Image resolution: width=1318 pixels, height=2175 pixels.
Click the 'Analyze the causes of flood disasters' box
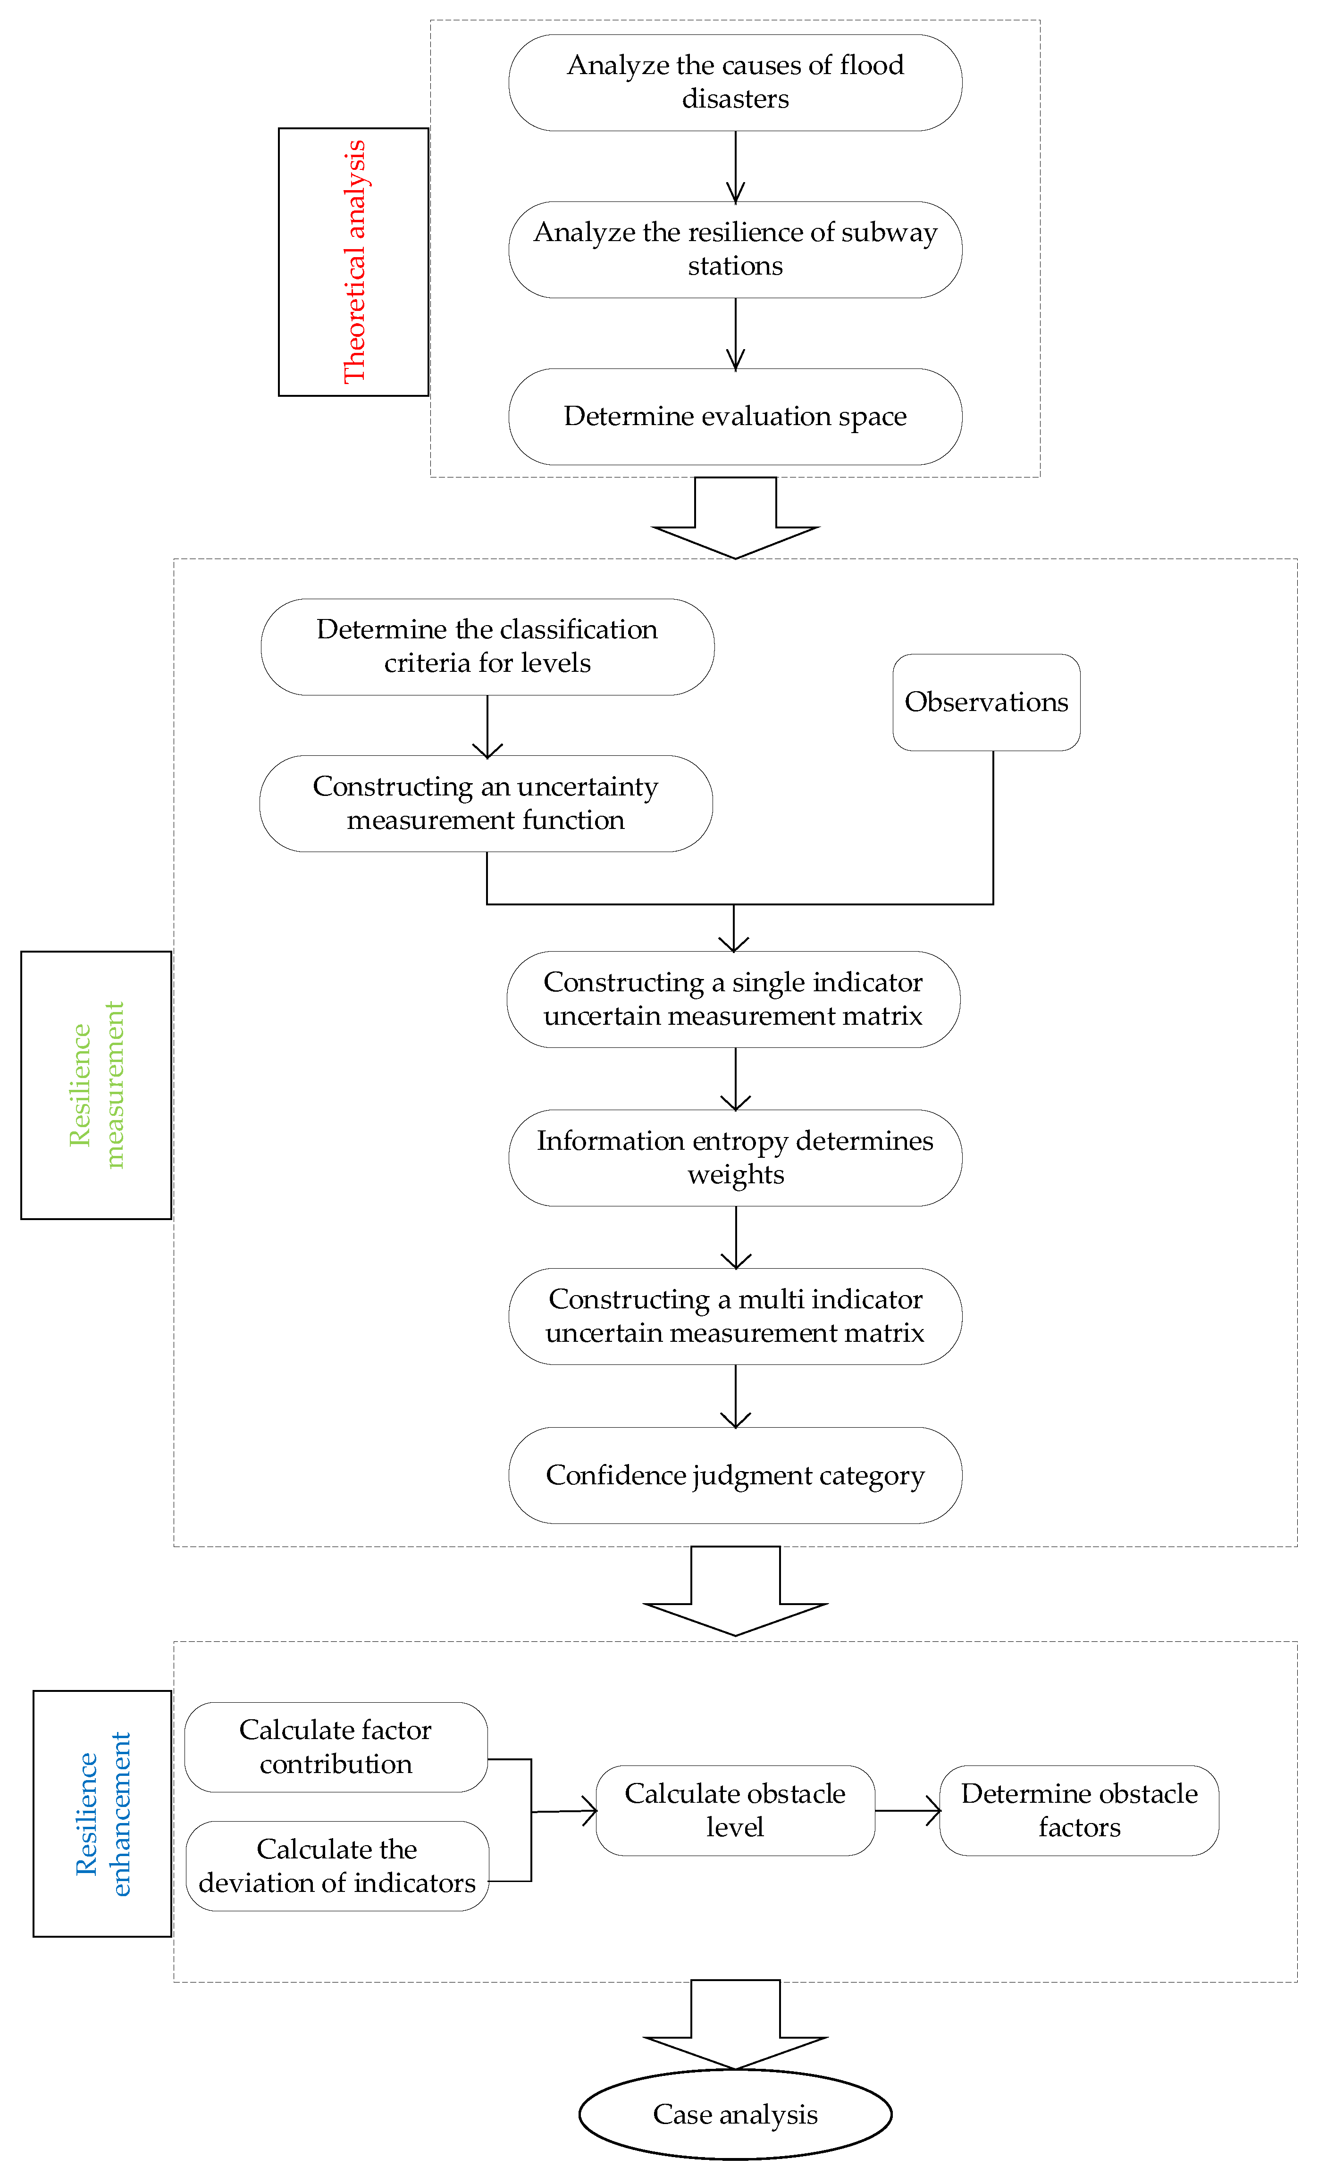(734, 83)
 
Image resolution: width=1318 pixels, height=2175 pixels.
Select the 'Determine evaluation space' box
(734, 417)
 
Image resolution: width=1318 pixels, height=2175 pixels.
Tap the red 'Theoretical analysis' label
(353, 262)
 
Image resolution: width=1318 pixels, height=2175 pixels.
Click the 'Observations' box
(986, 703)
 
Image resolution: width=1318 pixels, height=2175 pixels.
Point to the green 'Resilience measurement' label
(96, 1085)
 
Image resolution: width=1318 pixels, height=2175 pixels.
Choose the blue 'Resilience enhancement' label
(102, 1815)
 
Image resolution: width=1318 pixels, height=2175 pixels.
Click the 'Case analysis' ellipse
(734, 2115)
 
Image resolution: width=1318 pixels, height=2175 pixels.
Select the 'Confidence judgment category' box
(734, 1476)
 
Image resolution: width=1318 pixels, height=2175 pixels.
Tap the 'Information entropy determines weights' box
(734, 1158)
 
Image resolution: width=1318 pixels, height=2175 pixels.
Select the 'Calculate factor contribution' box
(336, 1747)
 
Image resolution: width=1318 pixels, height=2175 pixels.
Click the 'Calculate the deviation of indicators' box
(337, 1866)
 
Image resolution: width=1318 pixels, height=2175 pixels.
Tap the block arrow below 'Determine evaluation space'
(734, 517)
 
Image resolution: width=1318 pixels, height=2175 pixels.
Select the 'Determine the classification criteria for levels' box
(487, 647)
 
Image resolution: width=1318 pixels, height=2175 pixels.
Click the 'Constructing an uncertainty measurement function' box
(486, 803)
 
